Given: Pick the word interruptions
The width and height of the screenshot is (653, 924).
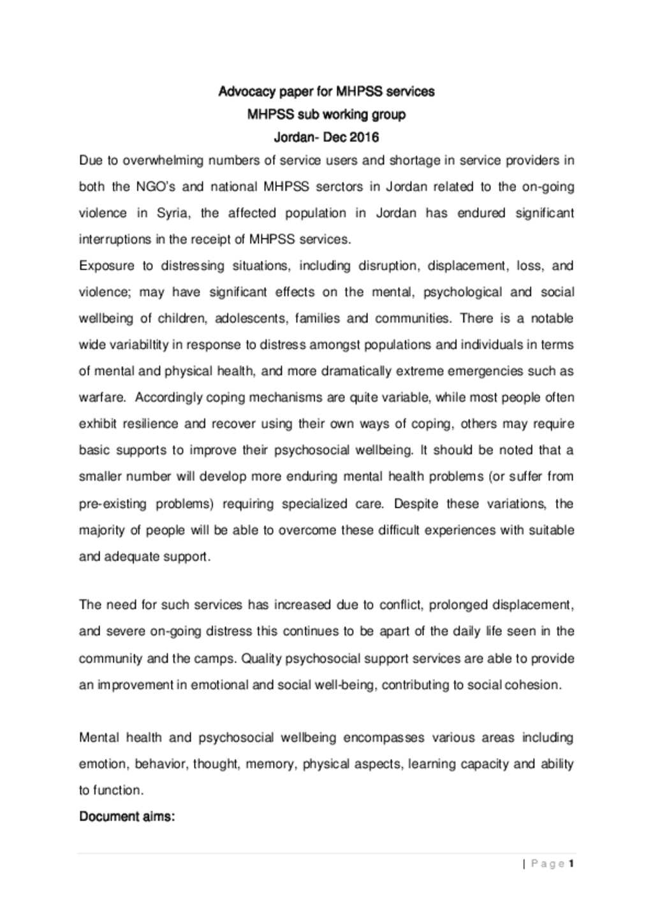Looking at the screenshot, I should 115,240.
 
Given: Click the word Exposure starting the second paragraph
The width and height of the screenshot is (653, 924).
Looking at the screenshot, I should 106,266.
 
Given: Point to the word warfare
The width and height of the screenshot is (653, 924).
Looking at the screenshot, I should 102,398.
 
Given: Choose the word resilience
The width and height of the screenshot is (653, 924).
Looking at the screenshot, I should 150,424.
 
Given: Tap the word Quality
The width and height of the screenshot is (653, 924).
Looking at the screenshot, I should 261,659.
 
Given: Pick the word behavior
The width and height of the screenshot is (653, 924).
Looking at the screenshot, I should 161,764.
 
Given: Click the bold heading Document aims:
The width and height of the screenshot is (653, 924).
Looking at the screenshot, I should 126,817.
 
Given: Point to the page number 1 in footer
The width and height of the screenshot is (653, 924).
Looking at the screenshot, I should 571,864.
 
